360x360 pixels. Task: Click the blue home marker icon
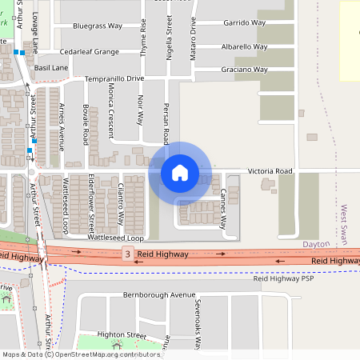pyautogui.click(x=180, y=172)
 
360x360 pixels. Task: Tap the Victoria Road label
pyautogui.click(x=271, y=171)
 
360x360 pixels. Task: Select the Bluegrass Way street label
pyautogui.click(x=97, y=26)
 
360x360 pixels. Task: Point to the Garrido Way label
pyautogui.click(x=245, y=22)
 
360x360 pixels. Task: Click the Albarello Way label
pyautogui.click(x=243, y=46)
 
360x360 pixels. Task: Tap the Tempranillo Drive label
pyautogui.click(x=114, y=78)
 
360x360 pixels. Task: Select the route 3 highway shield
pyautogui.click(x=126, y=254)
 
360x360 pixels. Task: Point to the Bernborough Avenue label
pyautogui.click(x=148, y=295)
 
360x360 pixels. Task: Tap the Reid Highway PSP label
pyautogui.click(x=284, y=279)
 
